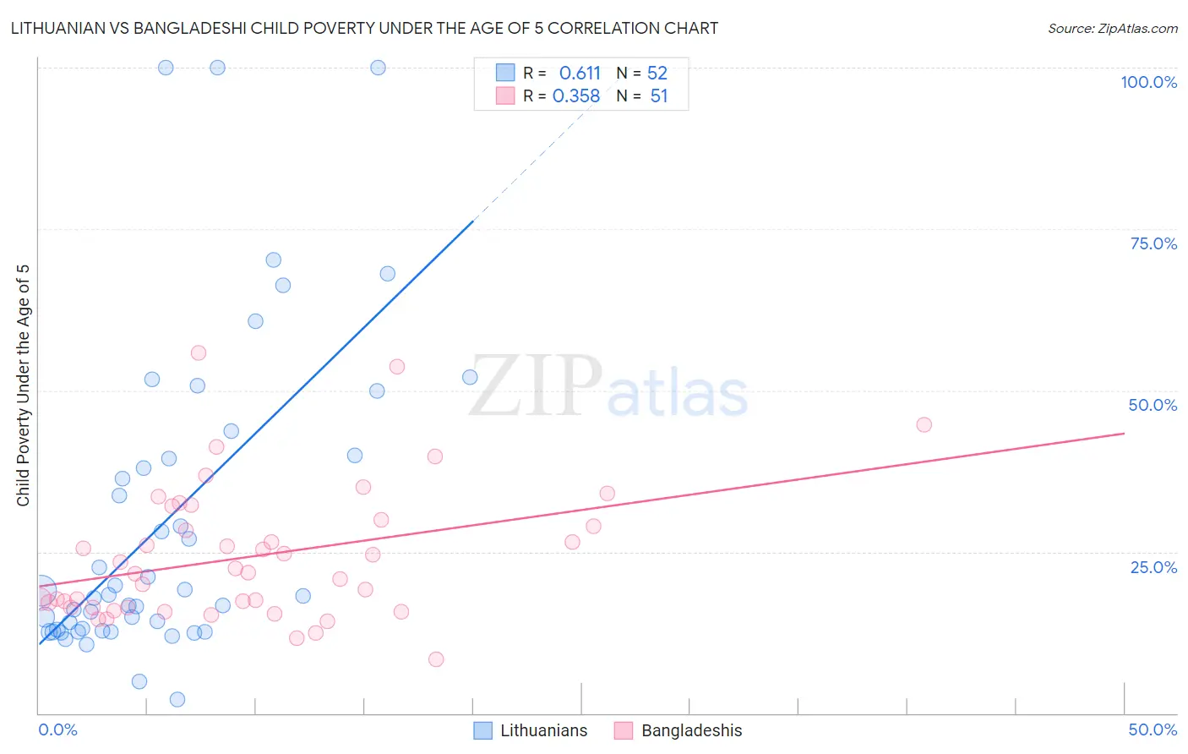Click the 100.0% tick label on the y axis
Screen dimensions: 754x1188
tap(1148, 82)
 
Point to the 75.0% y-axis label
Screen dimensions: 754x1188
tap(1153, 243)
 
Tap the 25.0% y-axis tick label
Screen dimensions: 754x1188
tap(1153, 567)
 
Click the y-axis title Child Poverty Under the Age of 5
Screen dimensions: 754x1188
tap(24, 385)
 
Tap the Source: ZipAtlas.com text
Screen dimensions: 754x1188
tap(1112, 28)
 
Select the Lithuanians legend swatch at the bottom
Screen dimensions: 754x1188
tap(483, 730)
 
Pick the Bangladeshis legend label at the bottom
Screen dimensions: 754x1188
tap(691, 730)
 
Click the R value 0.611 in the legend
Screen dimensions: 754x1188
tap(580, 74)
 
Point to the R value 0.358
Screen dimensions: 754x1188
tap(576, 96)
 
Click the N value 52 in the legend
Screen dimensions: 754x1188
tap(657, 74)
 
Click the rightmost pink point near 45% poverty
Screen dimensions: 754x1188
tap(924, 424)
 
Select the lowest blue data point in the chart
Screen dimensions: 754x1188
tap(177, 699)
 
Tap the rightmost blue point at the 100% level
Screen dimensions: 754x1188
tap(378, 68)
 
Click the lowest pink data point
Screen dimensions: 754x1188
tap(436, 659)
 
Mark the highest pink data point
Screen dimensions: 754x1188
tap(199, 352)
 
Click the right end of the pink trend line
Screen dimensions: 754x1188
tap(1124, 434)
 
